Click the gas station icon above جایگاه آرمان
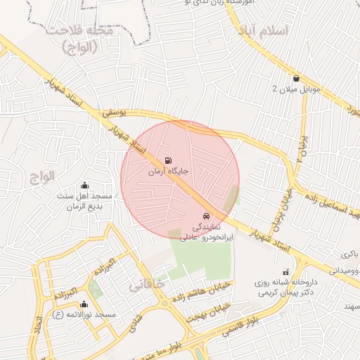[167, 160]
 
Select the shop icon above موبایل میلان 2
[295, 78]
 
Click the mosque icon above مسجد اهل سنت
[85, 184]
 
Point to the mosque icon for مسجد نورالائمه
[84, 304]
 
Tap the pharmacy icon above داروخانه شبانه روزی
[285, 271]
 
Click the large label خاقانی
[146, 285]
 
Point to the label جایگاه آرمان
[167, 171]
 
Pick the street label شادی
[130, 320]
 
